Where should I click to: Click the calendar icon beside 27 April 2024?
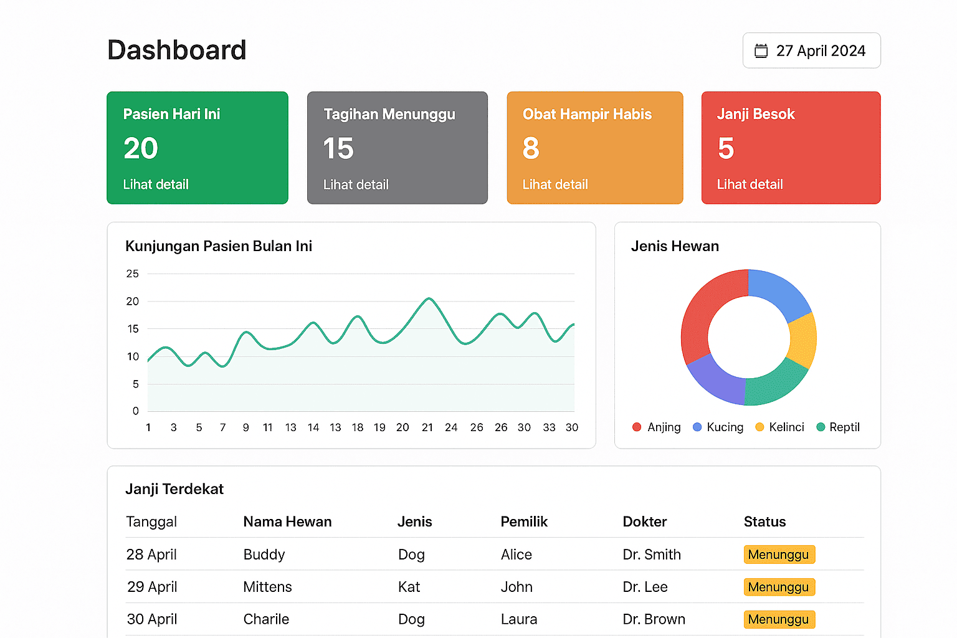click(761, 50)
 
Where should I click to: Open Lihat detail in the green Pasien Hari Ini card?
click(156, 184)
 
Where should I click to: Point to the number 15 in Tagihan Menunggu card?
click(338, 149)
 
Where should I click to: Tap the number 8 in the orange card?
click(531, 148)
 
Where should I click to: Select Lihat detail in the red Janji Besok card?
click(750, 184)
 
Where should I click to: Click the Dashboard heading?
click(177, 50)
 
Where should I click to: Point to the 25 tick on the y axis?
click(133, 274)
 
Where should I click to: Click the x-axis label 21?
click(427, 427)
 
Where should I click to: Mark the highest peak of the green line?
click(429, 298)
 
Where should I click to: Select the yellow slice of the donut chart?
click(803, 340)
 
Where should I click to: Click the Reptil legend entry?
click(838, 427)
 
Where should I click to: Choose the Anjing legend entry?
click(657, 427)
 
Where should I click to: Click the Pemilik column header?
click(524, 521)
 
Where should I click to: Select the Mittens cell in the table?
click(267, 587)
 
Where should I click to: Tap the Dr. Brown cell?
click(654, 619)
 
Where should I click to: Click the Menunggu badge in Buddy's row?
click(779, 555)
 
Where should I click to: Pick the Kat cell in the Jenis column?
click(409, 587)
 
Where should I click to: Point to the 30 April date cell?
click(152, 619)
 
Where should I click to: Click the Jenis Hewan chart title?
click(675, 246)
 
